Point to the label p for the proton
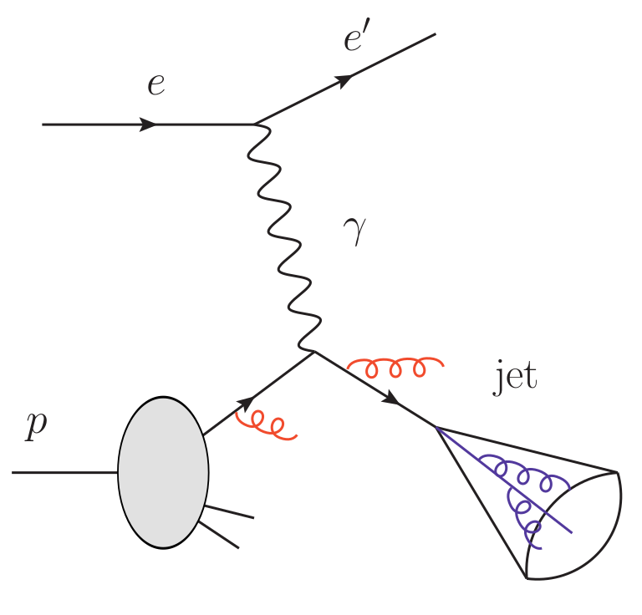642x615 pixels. pos(36,425)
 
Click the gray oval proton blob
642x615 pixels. pos(163,472)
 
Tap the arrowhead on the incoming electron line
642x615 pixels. pos(149,125)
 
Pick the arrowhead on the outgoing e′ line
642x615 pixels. pos(343,81)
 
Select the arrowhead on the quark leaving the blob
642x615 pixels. pos(246,404)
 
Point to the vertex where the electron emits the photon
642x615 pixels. pos(255,125)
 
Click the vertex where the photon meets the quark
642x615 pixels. pos(314,352)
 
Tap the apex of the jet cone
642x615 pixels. pos(436,428)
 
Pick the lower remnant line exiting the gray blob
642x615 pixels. pos(218,535)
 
